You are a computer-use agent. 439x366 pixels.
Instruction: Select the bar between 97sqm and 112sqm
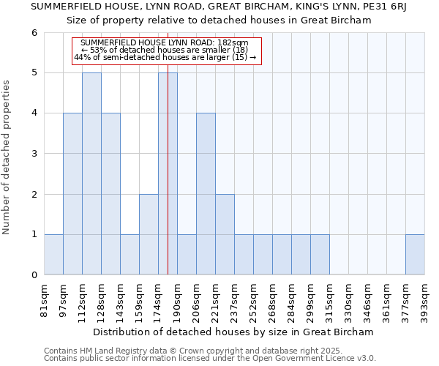click(x=72, y=193)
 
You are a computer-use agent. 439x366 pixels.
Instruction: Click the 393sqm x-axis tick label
click(x=425, y=300)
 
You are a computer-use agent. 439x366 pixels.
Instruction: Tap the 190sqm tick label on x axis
click(x=178, y=300)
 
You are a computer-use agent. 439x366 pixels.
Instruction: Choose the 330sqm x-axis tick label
click(x=349, y=300)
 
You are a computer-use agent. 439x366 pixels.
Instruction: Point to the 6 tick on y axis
click(x=34, y=33)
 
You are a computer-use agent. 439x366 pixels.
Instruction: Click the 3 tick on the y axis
click(x=34, y=154)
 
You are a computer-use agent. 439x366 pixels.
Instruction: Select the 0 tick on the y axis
click(x=34, y=275)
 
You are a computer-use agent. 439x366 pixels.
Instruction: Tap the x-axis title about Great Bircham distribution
click(x=234, y=332)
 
